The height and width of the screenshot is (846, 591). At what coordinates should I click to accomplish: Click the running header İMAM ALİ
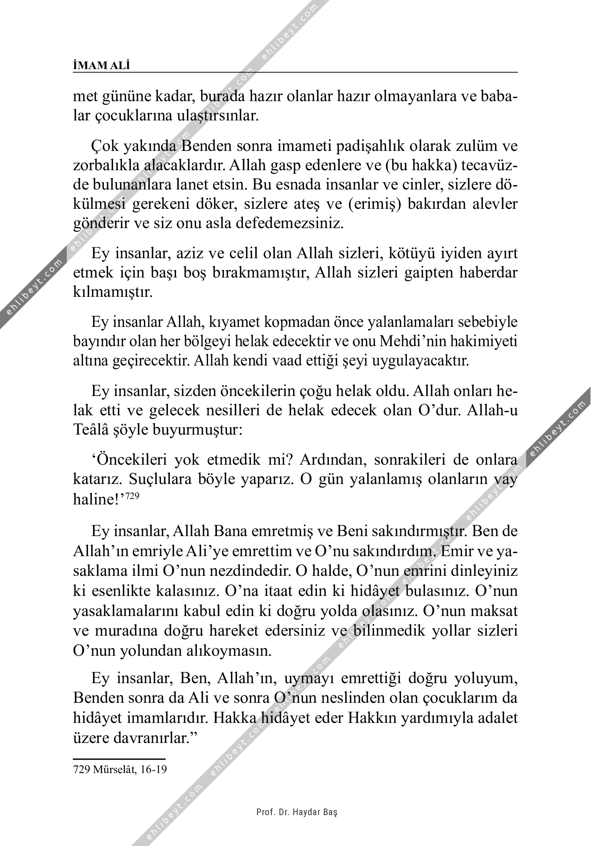(101, 66)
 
